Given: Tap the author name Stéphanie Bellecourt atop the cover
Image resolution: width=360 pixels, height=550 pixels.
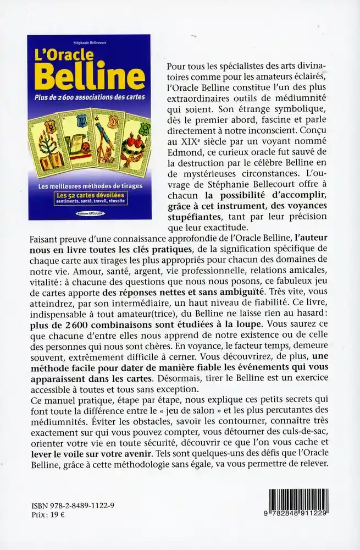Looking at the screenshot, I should (x=88, y=42).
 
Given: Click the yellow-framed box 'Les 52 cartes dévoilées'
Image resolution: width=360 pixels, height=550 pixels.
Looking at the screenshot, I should (x=88, y=198).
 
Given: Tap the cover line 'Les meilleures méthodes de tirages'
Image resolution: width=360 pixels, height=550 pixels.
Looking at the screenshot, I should (x=88, y=186).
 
